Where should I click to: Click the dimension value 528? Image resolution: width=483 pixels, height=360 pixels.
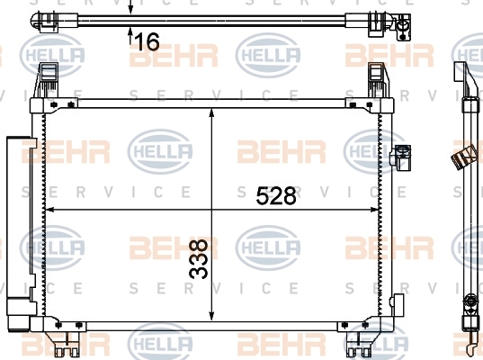[x=276, y=195]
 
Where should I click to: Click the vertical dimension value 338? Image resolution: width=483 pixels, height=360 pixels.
[x=199, y=258]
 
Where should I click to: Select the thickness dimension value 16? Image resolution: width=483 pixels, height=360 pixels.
[x=148, y=41]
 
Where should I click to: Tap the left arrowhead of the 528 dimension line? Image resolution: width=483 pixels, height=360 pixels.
[x=49, y=210]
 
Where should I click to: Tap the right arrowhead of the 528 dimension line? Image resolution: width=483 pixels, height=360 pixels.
[x=373, y=210]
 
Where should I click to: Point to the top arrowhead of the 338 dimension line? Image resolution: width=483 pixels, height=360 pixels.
[x=211, y=112]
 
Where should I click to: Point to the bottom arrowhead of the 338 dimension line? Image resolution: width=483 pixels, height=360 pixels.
[x=211, y=316]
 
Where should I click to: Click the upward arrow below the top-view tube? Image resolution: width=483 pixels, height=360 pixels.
[x=130, y=35]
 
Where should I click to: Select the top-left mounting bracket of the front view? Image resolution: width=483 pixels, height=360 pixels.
[x=47, y=80]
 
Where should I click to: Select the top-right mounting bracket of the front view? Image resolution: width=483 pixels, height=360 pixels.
[x=378, y=80]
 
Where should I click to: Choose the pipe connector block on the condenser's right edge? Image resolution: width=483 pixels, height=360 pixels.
[x=400, y=157]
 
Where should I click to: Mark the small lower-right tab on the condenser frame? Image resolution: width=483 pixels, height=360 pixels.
[x=397, y=304]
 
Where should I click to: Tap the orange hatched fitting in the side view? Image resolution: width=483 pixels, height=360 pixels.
[x=462, y=157]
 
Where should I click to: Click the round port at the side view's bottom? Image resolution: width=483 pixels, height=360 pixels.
[x=470, y=301]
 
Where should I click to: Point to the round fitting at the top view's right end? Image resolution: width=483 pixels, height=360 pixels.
[x=402, y=26]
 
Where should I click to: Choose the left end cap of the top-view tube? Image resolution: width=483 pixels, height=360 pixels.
[x=46, y=21]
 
